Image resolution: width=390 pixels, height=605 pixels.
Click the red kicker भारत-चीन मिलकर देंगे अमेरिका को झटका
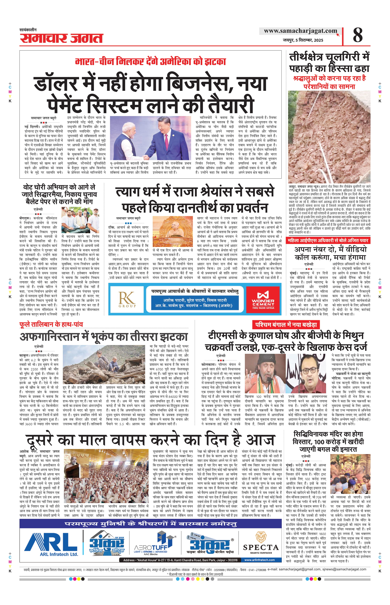click(150, 62)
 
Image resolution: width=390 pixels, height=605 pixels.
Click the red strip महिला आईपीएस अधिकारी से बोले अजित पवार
click(328, 240)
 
